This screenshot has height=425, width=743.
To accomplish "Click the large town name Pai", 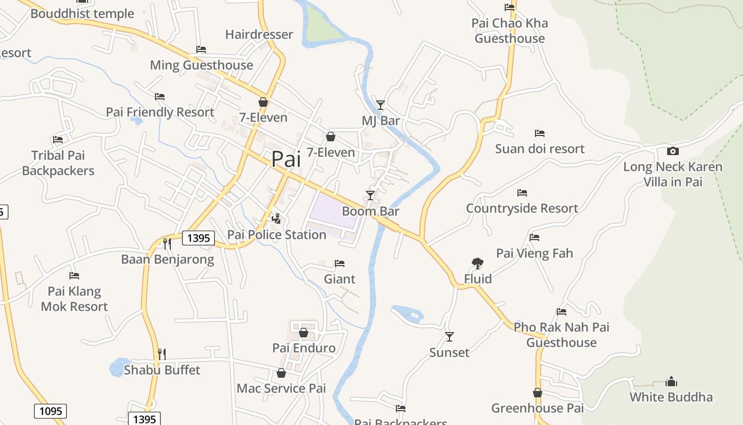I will click(286, 159).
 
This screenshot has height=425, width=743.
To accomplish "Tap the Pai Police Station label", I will click(277, 234).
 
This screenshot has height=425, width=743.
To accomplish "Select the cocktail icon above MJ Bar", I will click(381, 105).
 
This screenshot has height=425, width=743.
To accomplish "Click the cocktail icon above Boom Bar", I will click(370, 195).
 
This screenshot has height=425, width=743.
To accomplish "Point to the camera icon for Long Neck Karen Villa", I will click(672, 151).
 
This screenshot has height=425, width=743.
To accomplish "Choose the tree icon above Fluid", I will click(478, 263).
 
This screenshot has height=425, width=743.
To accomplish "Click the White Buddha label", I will click(671, 397).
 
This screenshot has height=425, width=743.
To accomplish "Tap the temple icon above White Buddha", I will click(671, 381).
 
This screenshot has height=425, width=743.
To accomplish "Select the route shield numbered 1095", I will click(51, 411).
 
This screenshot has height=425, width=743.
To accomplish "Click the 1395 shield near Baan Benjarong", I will click(198, 238).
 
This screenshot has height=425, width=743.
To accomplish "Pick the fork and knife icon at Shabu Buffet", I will click(162, 354).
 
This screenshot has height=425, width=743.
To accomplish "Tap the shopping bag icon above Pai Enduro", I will click(304, 333).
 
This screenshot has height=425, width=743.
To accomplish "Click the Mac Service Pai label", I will click(281, 388).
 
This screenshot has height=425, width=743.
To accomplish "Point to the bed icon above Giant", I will click(340, 263).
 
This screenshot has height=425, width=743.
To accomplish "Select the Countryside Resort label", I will click(522, 208).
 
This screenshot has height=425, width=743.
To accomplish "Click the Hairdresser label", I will click(259, 35).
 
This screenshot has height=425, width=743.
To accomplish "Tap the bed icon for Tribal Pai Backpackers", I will click(58, 140).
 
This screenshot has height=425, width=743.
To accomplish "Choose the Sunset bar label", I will click(450, 352).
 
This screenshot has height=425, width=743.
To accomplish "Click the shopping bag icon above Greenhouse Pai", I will click(538, 393).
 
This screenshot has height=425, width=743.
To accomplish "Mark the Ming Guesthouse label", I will click(202, 65).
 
